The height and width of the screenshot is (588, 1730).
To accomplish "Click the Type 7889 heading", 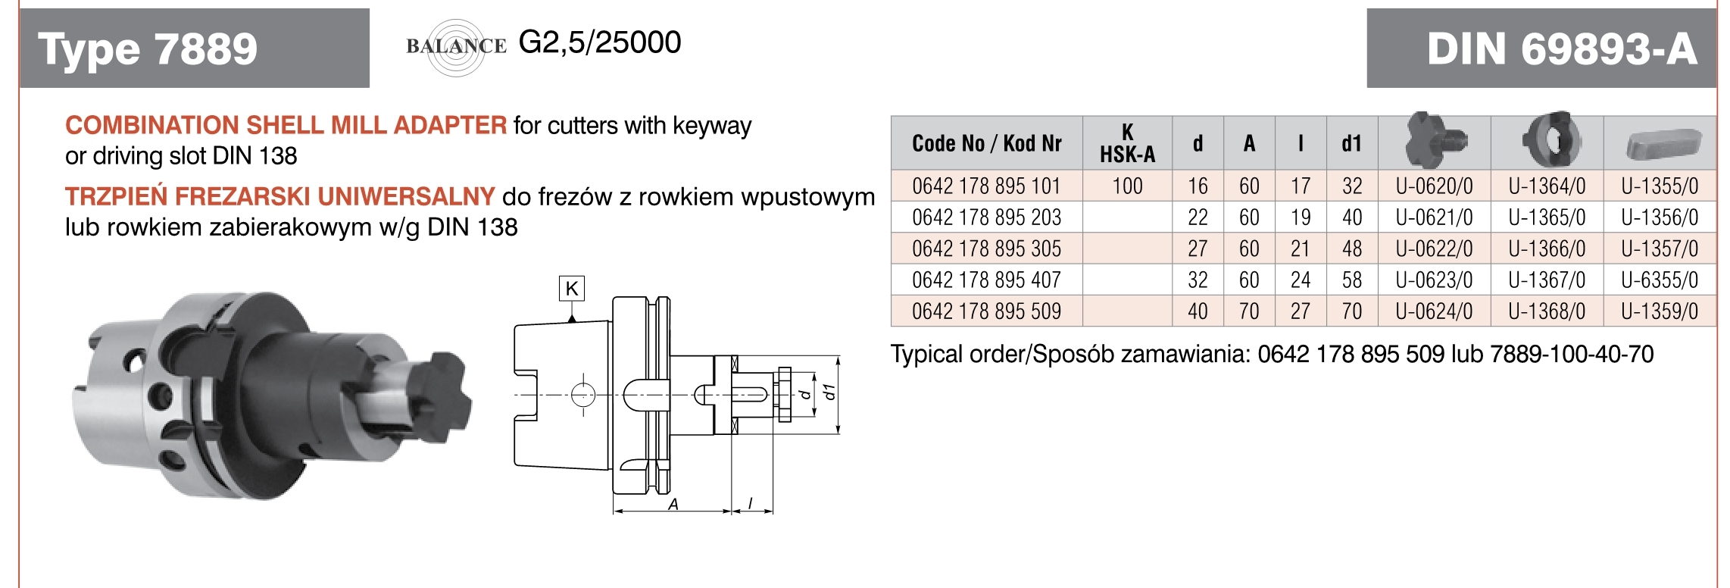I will [148, 49].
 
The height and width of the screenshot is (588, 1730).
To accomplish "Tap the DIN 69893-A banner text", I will [1561, 49].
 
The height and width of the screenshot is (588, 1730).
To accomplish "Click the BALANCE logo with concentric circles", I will [456, 47].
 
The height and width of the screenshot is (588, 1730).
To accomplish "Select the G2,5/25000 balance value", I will [600, 42].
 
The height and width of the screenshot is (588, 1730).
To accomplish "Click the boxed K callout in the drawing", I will [572, 289].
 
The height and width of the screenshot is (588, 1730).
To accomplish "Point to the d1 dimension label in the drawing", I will [830, 392].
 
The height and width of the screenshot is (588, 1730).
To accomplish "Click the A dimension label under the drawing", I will [673, 504].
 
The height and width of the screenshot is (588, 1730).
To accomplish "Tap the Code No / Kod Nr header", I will [986, 143].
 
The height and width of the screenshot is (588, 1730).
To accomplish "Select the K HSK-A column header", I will [1127, 143].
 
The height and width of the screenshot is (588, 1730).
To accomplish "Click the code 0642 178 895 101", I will [986, 186].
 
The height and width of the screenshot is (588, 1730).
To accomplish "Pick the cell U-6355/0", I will [1659, 280].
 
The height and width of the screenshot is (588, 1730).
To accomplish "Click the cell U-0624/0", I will [1434, 311].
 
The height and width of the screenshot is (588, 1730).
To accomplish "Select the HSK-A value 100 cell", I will [1127, 186].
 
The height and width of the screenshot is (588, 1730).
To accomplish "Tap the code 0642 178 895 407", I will [986, 280].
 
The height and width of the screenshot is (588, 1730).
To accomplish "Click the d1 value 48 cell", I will [1352, 249].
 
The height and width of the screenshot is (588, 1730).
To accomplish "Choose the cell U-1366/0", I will [1547, 249].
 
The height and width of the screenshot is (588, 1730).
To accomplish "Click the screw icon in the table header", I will [1434, 141].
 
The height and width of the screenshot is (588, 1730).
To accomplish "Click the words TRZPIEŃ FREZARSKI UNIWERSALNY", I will [279, 197].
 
